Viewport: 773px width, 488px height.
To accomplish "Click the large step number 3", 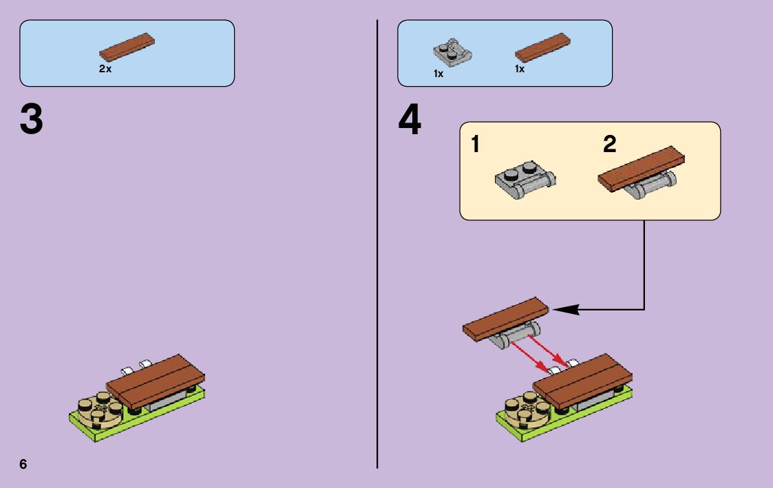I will tap(32, 120).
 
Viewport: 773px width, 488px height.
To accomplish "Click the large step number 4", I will tap(410, 120).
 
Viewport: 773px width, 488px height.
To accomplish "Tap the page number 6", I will tap(23, 464).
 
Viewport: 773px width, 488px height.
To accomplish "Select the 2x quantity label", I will tap(105, 69).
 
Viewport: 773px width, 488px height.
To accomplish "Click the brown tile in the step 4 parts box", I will tap(542, 45).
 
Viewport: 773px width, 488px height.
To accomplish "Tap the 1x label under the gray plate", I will tap(438, 74).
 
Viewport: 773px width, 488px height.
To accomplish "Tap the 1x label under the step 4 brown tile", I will tap(520, 69).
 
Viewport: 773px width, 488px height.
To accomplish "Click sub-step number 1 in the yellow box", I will tap(475, 145).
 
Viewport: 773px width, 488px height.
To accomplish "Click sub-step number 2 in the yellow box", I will tap(609, 145).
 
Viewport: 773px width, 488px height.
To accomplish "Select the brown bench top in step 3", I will tap(156, 380).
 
